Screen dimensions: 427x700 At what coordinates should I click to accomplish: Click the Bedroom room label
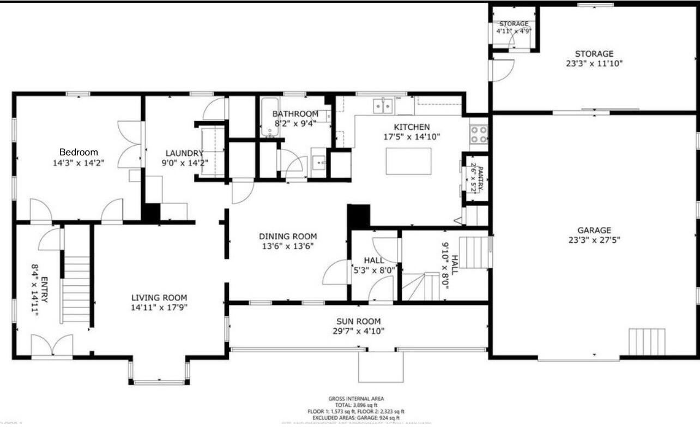pyautogui.click(x=79, y=152)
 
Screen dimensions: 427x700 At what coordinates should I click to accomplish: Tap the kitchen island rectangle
pyautogui.click(x=408, y=161)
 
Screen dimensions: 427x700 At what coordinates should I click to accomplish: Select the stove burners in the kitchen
pyautogui.click(x=479, y=135)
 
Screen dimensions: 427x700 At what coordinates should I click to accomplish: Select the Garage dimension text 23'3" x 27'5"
pyautogui.click(x=594, y=239)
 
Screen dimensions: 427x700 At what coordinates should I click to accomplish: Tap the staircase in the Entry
pyautogui.click(x=76, y=289)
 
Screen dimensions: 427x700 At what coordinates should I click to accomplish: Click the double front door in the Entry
pyautogui.click(x=52, y=347)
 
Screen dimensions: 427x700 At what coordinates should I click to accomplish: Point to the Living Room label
pyautogui.click(x=159, y=298)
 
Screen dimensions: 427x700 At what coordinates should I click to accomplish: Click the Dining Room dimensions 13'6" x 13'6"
pyautogui.click(x=288, y=246)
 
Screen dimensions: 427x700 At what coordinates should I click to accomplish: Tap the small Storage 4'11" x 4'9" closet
pyautogui.click(x=514, y=28)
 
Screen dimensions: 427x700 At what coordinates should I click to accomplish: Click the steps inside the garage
pyautogui.click(x=647, y=342)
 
